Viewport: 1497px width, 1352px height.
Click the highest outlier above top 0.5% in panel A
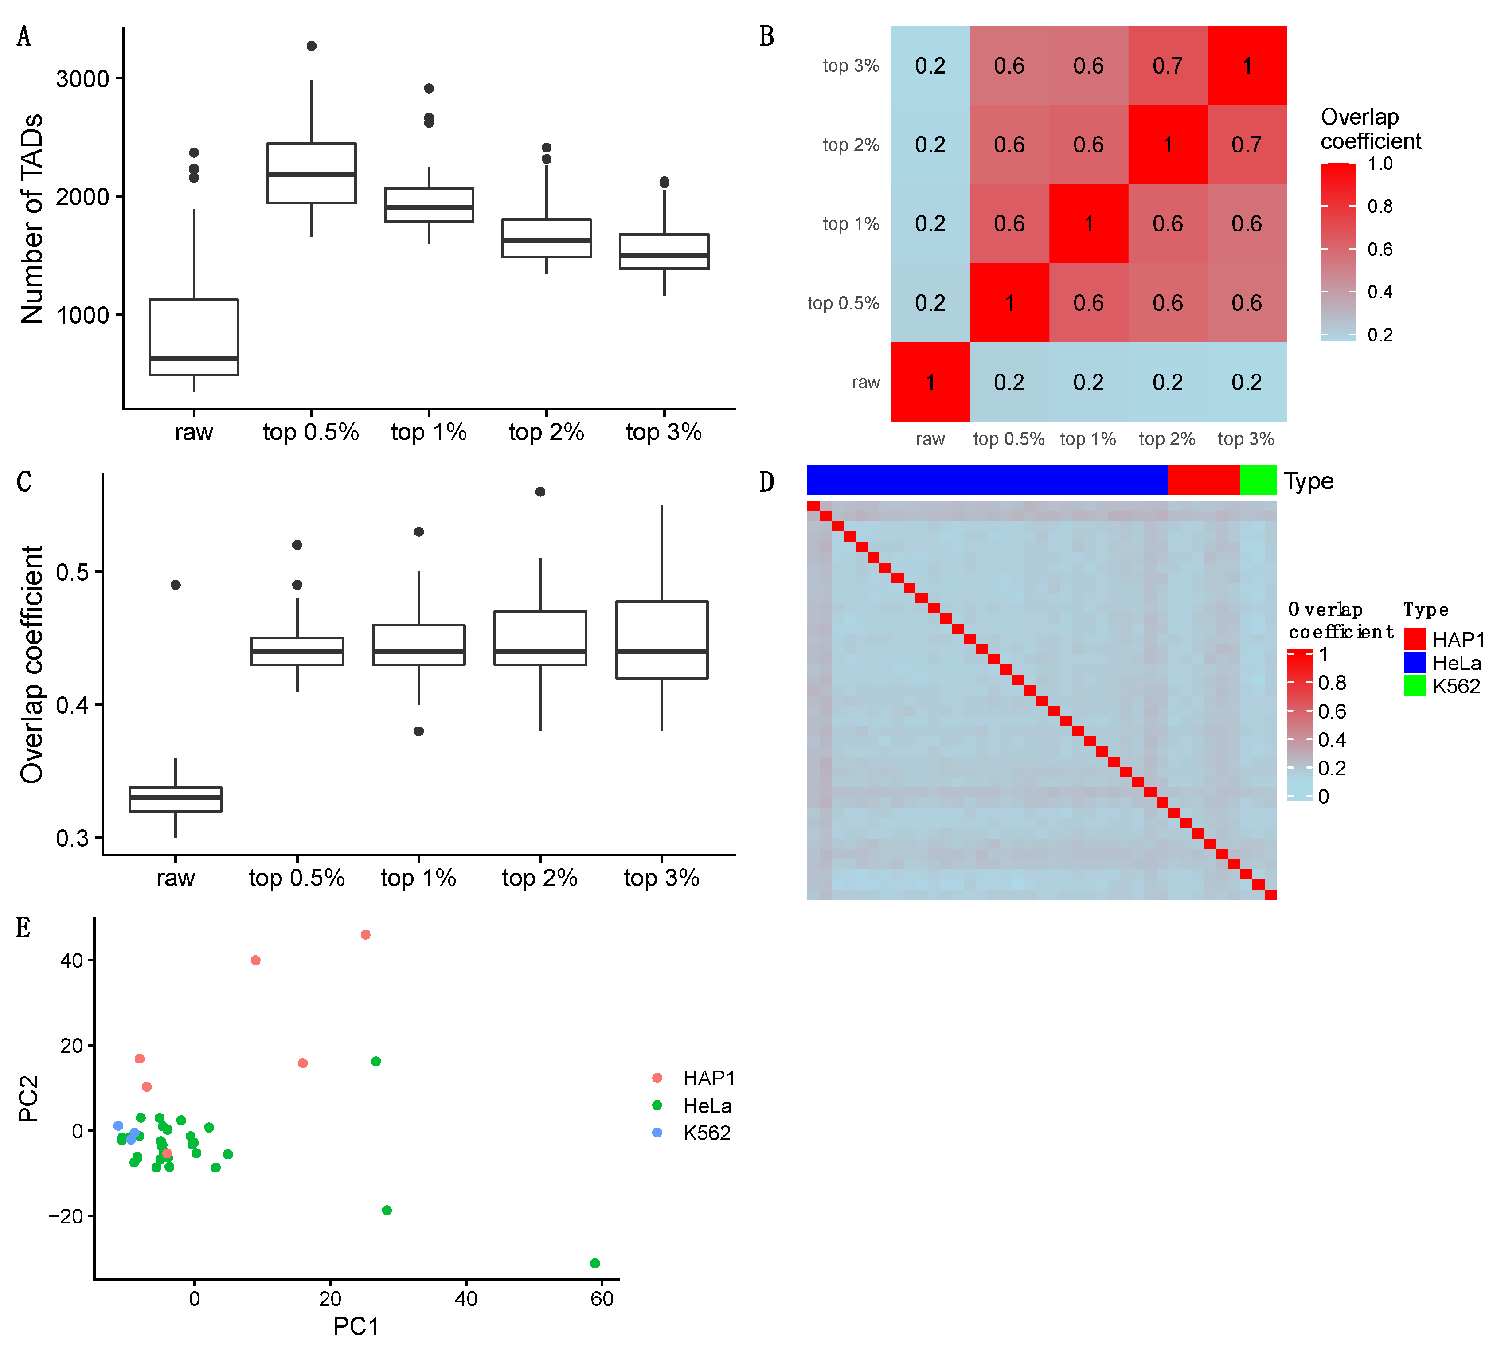(311, 46)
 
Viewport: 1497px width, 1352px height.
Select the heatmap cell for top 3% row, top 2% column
(1167, 65)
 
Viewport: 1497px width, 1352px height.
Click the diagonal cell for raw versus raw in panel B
(930, 382)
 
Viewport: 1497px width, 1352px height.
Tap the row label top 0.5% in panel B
(843, 303)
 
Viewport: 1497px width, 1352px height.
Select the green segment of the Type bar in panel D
(1258, 481)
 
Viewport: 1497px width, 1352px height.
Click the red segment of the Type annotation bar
(1203, 481)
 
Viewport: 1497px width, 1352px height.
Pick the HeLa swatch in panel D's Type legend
(1415, 662)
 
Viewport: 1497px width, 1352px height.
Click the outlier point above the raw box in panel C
(175, 585)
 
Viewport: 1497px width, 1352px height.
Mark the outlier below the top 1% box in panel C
(419, 731)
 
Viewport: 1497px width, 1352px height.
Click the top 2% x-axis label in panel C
(540, 878)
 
